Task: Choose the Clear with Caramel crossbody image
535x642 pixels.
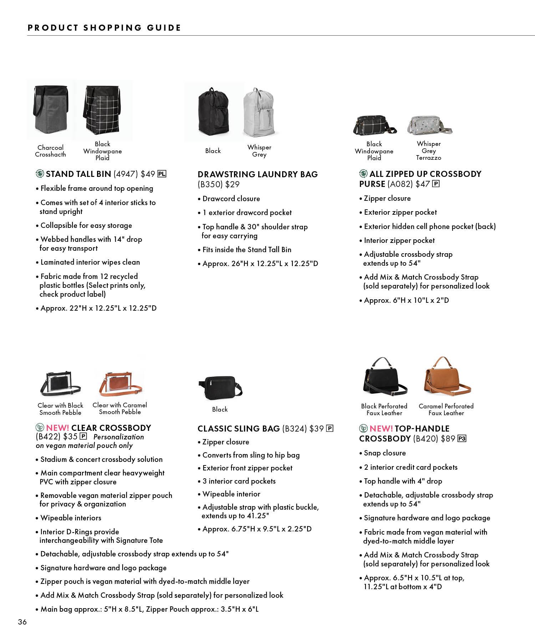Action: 120,384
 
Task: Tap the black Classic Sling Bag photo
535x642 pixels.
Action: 220,387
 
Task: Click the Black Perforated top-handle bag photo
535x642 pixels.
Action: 384,378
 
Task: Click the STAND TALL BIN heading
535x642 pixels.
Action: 78,174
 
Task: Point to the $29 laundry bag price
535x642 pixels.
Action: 232,184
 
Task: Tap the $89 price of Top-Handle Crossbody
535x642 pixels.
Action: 448,439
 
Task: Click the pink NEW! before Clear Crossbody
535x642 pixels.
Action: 57,428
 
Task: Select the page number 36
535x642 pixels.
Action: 22,622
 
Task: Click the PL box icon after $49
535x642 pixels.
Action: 162,174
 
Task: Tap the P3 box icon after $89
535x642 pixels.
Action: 462,439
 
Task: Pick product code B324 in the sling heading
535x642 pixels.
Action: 294,429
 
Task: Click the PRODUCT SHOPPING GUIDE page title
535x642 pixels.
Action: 105,28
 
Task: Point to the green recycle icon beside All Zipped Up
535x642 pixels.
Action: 363,174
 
